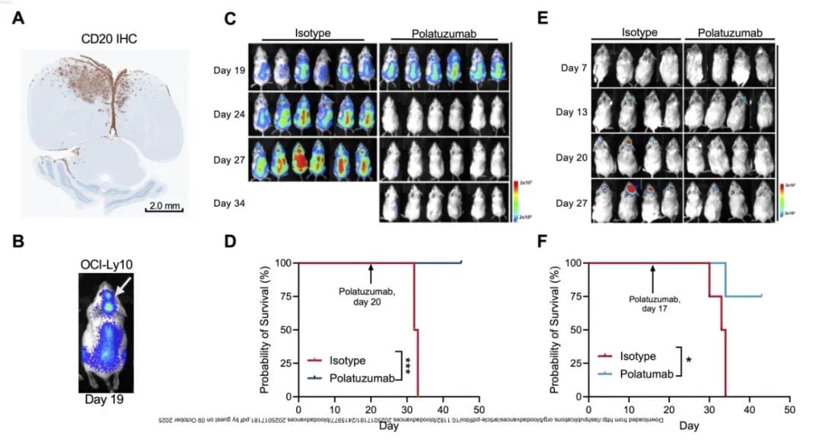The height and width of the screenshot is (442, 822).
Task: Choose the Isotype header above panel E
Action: tap(636, 33)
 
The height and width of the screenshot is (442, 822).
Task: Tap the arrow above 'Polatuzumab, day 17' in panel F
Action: tap(652, 272)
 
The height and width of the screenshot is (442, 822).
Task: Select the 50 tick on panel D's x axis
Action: tap(478, 410)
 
